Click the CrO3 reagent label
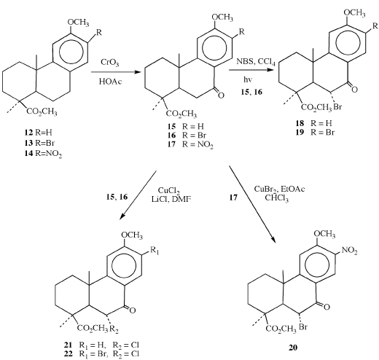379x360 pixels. (110, 63)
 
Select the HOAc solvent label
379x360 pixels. (110, 82)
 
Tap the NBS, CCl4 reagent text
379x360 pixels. (256, 62)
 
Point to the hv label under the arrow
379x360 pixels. (248, 79)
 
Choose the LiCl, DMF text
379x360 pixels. (171, 199)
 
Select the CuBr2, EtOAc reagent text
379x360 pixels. (279, 189)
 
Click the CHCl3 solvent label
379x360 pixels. (277, 198)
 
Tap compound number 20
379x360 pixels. (293, 348)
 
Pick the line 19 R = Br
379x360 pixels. (315, 133)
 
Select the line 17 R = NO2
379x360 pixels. (190, 144)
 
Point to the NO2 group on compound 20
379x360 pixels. (350, 251)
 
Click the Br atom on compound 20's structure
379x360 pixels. (302, 326)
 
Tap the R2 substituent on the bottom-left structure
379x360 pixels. (114, 329)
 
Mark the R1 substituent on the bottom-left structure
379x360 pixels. (155, 251)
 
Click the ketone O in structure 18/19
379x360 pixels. (354, 90)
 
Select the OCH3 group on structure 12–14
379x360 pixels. (78, 23)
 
